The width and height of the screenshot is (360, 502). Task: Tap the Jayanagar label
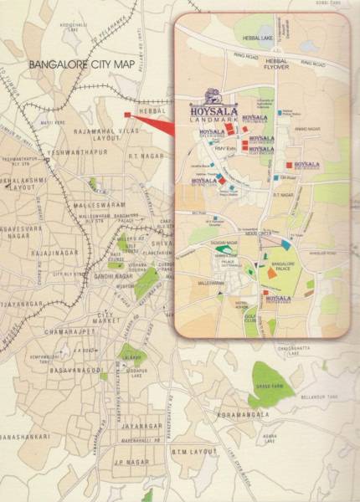click(134, 427)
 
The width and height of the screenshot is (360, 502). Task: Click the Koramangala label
click(243, 414)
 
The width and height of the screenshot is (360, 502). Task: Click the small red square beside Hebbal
click(126, 115)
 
